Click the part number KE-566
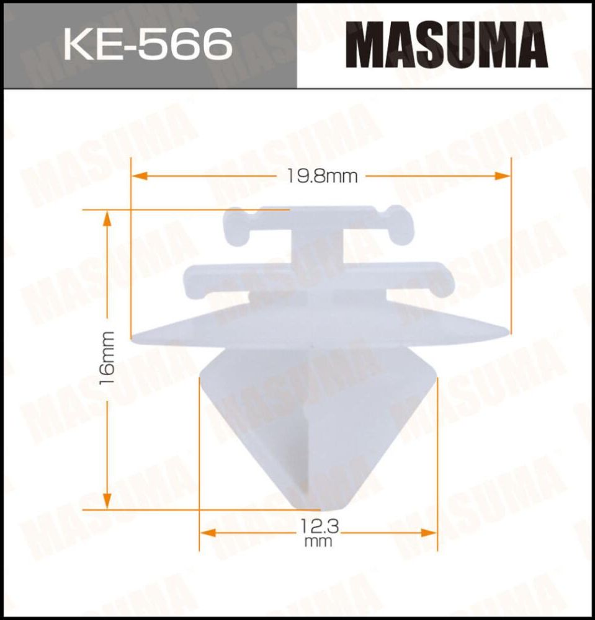(x=148, y=44)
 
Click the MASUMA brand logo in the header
(x=446, y=45)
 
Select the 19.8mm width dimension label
(x=322, y=177)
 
